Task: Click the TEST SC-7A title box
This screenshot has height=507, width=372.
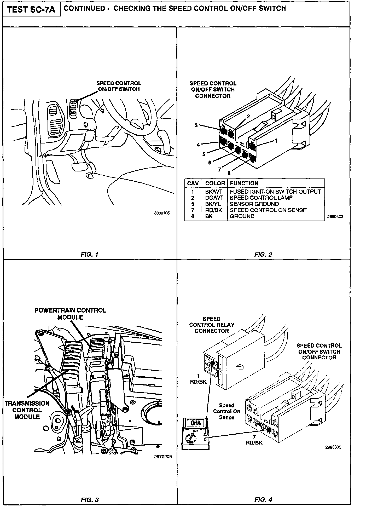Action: pos(31,10)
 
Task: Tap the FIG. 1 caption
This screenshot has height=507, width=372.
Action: pos(90,255)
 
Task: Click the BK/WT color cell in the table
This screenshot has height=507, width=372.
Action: pos(213,192)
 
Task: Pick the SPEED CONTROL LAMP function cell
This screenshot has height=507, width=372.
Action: pos(261,198)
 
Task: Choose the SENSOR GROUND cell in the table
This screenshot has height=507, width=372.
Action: pos(254,204)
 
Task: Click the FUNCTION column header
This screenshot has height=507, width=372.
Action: pos(244,183)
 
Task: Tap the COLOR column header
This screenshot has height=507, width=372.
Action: pos(215,183)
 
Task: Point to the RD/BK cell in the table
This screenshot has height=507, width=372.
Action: pos(213,210)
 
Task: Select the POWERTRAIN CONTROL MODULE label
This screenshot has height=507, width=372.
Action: pos(71,314)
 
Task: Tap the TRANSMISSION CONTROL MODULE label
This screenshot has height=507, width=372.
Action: pos(27,410)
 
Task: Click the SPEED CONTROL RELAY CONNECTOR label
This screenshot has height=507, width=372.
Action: pos(212,325)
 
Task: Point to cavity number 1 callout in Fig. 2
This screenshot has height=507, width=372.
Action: pos(276,141)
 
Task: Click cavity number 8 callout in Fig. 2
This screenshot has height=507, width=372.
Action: pos(229,173)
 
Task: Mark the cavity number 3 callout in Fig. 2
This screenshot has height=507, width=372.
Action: pos(196,125)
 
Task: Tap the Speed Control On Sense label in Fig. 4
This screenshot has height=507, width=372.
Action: pos(226,411)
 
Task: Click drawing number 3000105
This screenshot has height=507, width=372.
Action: pos(162,213)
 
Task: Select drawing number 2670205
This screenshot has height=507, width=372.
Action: pos(163,457)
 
